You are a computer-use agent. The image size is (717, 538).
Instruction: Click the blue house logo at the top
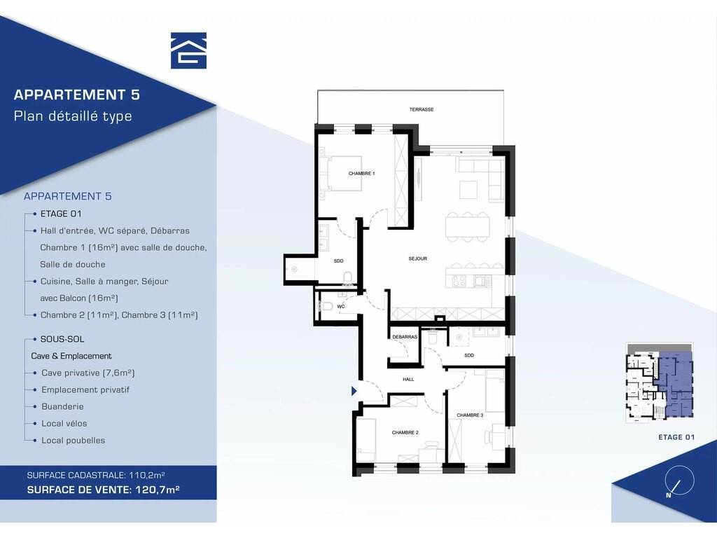pyautogui.click(x=188, y=50)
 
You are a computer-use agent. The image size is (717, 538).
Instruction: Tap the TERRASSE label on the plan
pyautogui.click(x=421, y=110)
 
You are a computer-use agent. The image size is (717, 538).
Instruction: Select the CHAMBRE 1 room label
pyautogui.click(x=361, y=174)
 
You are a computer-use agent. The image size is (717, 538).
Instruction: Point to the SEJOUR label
pyautogui.click(x=417, y=259)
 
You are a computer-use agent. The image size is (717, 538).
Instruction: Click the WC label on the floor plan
pyautogui.click(x=341, y=307)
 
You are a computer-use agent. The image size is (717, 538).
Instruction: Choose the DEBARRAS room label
pyautogui.click(x=405, y=337)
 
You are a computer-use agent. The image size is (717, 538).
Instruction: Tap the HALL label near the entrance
pyautogui.click(x=408, y=379)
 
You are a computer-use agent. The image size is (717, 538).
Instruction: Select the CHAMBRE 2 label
pyautogui.click(x=405, y=433)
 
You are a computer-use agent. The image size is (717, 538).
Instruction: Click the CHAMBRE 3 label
pyautogui.click(x=470, y=415)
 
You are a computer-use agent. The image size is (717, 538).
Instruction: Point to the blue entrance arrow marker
pyautogui.click(x=354, y=391)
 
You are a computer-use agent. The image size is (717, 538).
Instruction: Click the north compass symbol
pyautogui.click(x=679, y=481)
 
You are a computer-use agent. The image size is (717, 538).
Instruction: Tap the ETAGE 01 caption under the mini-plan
pyautogui.click(x=676, y=437)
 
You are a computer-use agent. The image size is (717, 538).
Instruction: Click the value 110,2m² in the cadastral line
pyautogui.click(x=147, y=476)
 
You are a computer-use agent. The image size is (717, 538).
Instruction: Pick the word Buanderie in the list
pyautogui.click(x=62, y=407)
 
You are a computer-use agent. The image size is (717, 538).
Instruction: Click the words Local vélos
pyautogui.click(x=64, y=424)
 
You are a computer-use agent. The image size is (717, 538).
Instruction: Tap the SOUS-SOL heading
pyautogui.click(x=62, y=340)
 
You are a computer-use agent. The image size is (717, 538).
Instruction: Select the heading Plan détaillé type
pyautogui.click(x=73, y=116)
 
